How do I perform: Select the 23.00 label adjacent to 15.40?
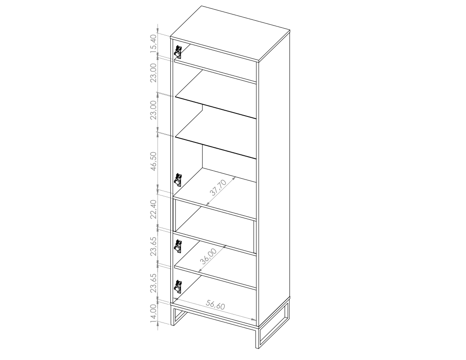click(x=153, y=73)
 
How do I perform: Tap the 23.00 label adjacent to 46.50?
click(x=153, y=110)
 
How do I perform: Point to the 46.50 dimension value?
click(x=153, y=161)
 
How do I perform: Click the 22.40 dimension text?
click(x=153, y=209)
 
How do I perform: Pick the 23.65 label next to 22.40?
click(x=153, y=246)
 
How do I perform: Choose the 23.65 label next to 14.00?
click(x=153, y=283)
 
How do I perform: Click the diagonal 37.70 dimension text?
click(x=218, y=187)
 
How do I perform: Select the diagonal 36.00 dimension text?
click(x=208, y=256)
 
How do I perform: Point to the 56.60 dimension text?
click(x=216, y=305)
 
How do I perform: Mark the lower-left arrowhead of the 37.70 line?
click(x=207, y=204)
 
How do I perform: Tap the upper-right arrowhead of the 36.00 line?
click(x=225, y=246)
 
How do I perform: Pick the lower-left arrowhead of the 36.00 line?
click(x=199, y=271)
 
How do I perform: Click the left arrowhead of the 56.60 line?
click(x=175, y=299)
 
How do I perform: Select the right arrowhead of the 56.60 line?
click(x=255, y=320)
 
